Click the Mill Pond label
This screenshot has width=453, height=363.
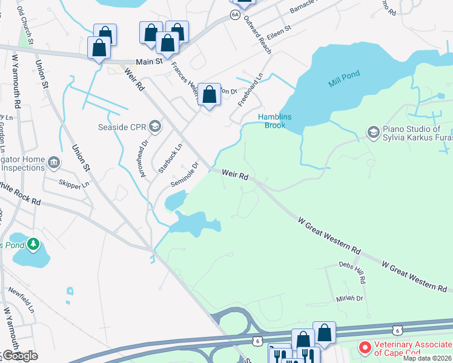[x=344, y=78]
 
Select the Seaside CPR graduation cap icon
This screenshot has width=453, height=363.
[x=154, y=126]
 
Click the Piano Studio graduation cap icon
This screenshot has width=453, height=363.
[x=373, y=131]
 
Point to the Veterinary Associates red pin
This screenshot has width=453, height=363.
[x=365, y=348]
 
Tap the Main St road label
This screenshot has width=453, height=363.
[x=150, y=61]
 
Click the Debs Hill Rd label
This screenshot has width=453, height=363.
[x=352, y=273]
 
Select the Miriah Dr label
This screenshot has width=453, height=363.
[x=350, y=299]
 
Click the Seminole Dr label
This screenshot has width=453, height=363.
[x=185, y=173]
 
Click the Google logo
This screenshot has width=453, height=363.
[x=19, y=355]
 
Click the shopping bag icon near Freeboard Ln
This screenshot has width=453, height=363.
[x=209, y=94]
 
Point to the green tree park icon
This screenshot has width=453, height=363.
[x=34, y=245]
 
